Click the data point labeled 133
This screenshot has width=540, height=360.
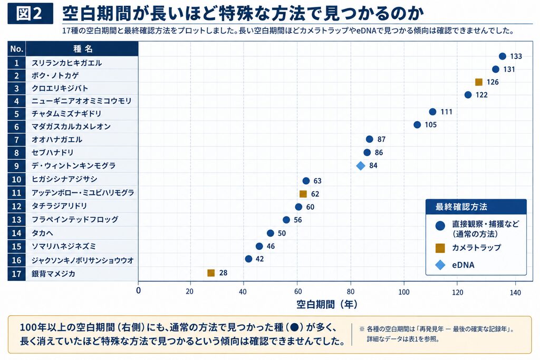pos(503,56)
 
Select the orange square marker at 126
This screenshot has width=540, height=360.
pos(479,82)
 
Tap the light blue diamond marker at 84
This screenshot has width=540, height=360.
pos(361,166)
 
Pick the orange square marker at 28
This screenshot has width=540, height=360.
pos(211,273)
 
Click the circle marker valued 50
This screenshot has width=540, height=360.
pos(271,233)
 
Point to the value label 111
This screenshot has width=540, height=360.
pos(446,112)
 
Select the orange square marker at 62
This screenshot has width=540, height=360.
pos(303,194)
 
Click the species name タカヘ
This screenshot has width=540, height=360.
pos(42,233)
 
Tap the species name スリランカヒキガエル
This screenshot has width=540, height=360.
pos(67,63)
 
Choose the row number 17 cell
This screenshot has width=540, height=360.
pos(16,274)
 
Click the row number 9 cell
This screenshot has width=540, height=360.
pos(16,166)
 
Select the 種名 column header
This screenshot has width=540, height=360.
pos(83,49)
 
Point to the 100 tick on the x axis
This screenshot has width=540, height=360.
pos(404,292)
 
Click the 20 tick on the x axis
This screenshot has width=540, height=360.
pos(189,291)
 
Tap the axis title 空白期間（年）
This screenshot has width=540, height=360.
pos(327,304)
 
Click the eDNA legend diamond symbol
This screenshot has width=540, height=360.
pos(440,265)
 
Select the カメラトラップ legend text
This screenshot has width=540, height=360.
pos(476,247)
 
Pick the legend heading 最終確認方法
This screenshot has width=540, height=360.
pos(461,207)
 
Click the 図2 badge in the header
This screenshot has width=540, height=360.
pos(30,13)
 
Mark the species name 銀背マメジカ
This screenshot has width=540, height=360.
pos(53,274)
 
